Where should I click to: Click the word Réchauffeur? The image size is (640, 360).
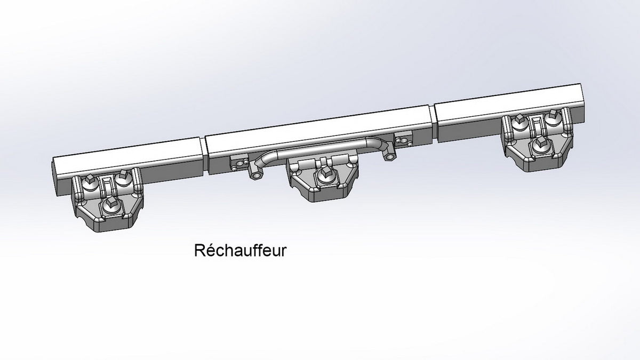pyautogui.click(x=241, y=250)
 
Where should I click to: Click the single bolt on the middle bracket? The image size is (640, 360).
pyautogui.click(x=326, y=176)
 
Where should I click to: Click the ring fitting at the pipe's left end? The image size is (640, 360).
pyautogui.click(x=255, y=174)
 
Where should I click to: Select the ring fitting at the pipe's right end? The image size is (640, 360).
pyautogui.click(x=389, y=155)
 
